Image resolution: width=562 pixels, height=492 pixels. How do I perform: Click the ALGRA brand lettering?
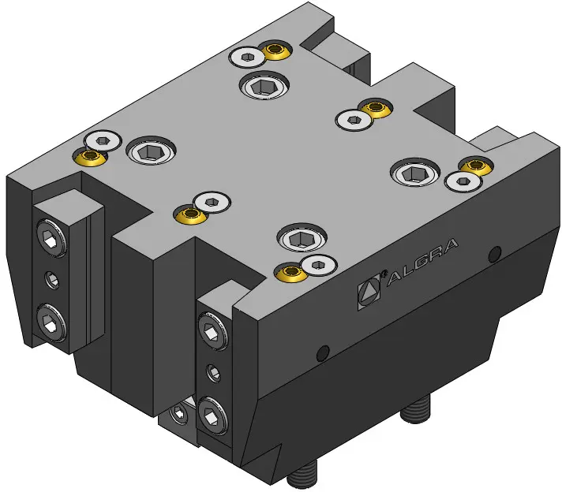pos(423,262)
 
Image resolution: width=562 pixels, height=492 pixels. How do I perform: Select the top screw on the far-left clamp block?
pos(51,238)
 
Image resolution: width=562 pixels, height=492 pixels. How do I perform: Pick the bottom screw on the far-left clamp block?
pos(51,322)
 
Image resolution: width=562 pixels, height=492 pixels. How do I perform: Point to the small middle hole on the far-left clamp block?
pos(52,280)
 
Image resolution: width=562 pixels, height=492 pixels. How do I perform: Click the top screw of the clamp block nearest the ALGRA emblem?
pos(213,331)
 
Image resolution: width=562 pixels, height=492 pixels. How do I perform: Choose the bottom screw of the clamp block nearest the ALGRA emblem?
pos(213,416)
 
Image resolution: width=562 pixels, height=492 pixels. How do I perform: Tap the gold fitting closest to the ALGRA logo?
pos(292,273)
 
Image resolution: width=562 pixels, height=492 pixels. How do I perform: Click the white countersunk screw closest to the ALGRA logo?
pos(319,265)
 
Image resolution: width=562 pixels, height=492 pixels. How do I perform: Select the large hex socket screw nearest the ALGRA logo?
pos(302,238)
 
